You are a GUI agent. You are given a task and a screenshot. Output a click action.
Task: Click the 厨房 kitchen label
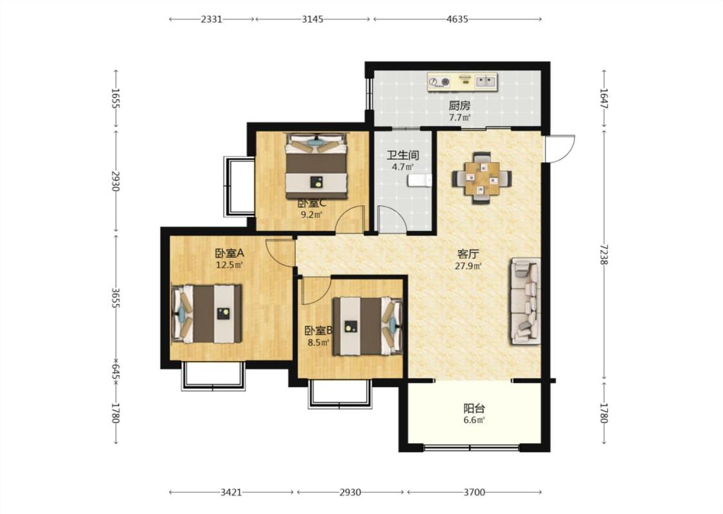[460, 105]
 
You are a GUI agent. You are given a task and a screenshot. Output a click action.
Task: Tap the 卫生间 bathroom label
[402, 155]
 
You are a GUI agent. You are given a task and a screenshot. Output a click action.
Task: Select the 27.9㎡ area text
[468, 266]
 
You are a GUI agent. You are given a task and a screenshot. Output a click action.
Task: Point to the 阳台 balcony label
[474, 409]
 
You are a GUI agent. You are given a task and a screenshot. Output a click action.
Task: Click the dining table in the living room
[482, 178]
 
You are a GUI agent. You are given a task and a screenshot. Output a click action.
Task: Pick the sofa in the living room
[525, 301]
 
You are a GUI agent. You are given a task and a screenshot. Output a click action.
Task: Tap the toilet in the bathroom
[419, 181]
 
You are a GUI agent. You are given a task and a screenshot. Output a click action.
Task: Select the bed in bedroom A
[207, 314]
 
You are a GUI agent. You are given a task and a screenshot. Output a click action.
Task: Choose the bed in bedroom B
[368, 326]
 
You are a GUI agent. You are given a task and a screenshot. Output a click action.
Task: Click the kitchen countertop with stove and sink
[463, 82]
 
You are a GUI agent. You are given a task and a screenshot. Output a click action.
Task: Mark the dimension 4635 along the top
[457, 19]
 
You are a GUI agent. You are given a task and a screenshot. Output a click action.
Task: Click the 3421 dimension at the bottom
[231, 492]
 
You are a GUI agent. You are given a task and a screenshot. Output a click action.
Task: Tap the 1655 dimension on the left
[116, 98]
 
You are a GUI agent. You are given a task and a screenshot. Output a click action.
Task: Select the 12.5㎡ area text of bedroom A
[229, 265]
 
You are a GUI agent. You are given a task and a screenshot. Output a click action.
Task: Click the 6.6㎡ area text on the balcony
[474, 420]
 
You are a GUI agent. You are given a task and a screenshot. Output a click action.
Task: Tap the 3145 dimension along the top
[312, 19]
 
